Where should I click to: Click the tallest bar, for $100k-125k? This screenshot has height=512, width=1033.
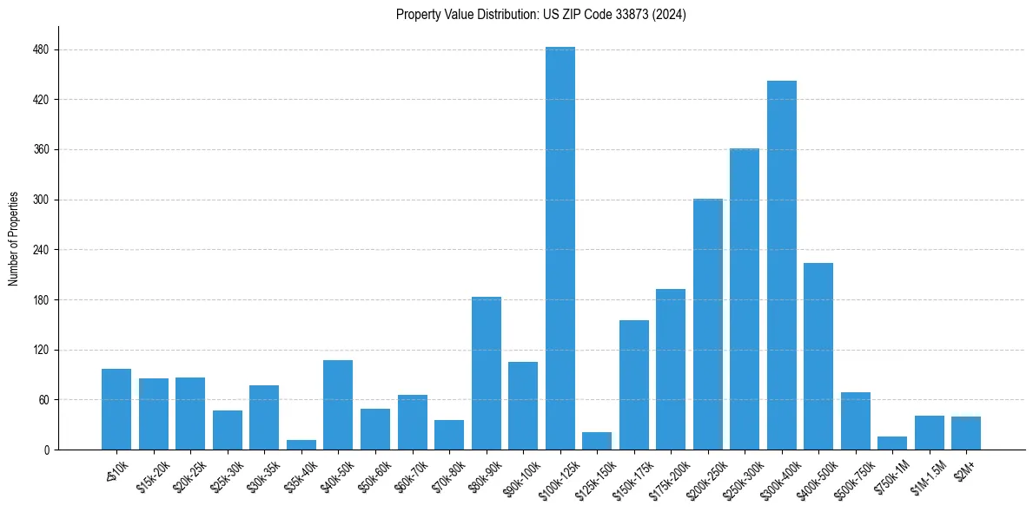pos(560,248)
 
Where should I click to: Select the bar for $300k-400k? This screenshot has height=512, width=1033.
pos(781,265)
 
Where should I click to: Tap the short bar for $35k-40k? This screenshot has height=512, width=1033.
pos(301,444)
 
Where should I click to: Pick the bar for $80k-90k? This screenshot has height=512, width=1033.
pos(486,373)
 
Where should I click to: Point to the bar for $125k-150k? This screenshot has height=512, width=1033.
pos(597,441)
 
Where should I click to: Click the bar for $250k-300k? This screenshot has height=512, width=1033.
pos(745,299)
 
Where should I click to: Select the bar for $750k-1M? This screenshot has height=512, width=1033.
pos(892,443)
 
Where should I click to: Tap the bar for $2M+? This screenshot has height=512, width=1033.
pos(966,433)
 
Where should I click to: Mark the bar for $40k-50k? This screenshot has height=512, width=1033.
pos(338,404)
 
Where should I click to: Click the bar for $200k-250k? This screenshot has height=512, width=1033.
pos(707,324)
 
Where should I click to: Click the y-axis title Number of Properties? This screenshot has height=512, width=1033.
pos(14,239)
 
